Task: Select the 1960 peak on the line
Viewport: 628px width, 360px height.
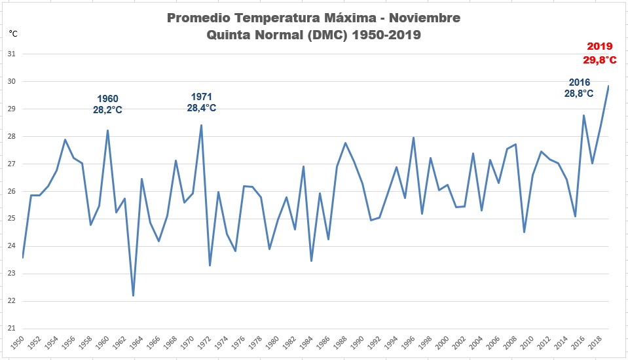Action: point(107,130)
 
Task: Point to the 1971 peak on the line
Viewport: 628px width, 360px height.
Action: point(201,125)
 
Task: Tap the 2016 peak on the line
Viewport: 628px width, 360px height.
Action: point(583,115)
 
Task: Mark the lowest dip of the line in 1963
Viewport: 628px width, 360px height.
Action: point(133,296)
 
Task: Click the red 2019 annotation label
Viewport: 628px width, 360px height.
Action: point(599,46)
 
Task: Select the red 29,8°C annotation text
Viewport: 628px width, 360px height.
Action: point(599,60)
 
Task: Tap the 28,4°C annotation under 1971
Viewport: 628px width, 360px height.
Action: point(201,108)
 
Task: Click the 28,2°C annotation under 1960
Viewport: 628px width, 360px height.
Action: point(107,110)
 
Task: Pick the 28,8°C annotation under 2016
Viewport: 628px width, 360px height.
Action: point(579,94)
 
